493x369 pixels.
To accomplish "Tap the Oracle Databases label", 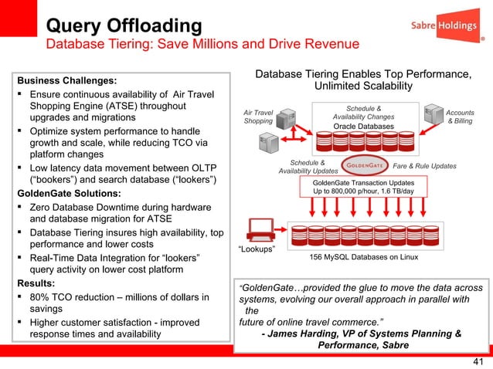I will [x=364, y=126].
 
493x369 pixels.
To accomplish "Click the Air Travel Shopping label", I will [x=259, y=116].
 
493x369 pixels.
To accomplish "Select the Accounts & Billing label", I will [x=461, y=117].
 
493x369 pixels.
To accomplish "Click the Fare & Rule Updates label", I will [x=425, y=166].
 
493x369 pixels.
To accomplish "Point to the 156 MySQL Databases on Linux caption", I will [x=364, y=256].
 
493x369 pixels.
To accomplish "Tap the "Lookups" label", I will [x=257, y=248].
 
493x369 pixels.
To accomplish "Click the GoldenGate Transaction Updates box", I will [x=363, y=185].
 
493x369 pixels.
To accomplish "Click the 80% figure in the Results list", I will [x=42, y=296].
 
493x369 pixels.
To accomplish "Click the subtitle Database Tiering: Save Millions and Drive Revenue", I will [x=203, y=44].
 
